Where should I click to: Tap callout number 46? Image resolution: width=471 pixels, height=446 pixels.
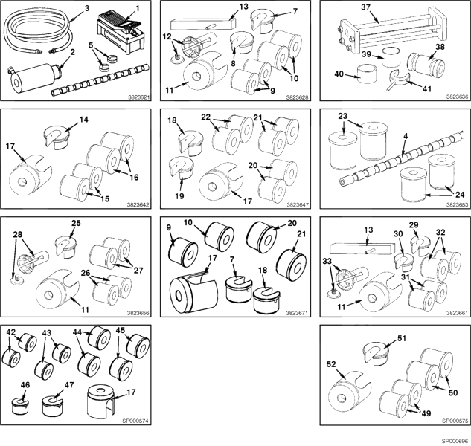pyautogui.click(x=25, y=385)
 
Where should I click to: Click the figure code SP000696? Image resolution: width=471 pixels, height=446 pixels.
pyautogui.click(x=455, y=440)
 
